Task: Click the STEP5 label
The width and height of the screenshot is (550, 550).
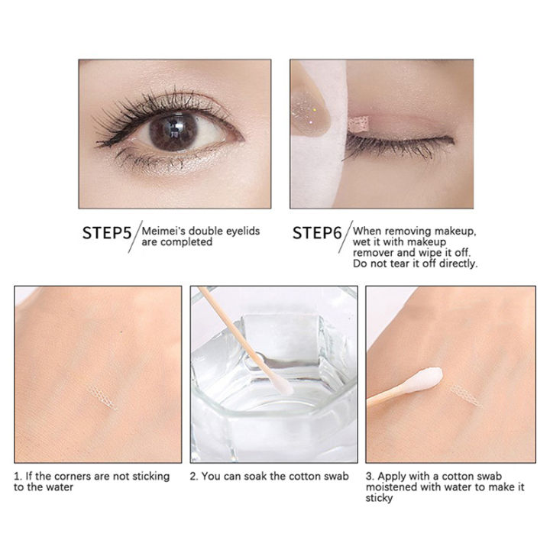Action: click(x=107, y=233)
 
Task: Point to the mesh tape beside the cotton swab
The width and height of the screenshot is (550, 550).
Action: click(x=464, y=390)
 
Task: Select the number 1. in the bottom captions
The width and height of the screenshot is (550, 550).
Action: click(x=18, y=477)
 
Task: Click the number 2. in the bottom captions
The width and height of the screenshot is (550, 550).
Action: click(x=195, y=477)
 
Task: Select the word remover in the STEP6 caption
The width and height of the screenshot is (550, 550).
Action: click(x=372, y=253)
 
